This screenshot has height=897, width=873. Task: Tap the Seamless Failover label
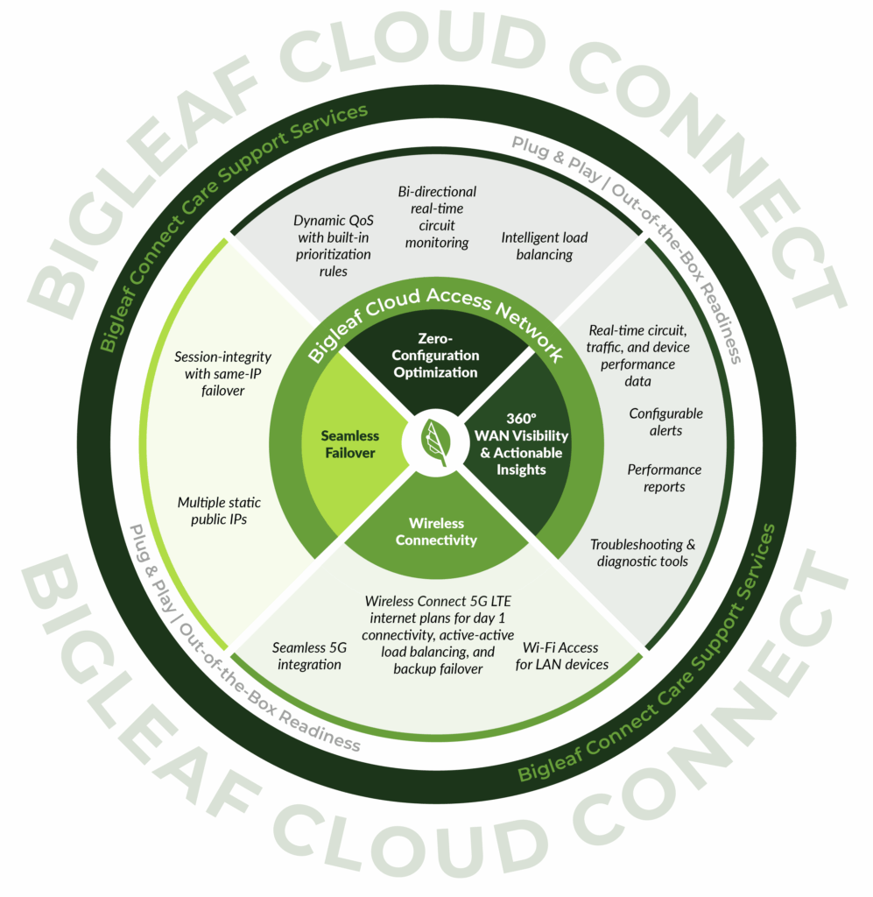[349, 444]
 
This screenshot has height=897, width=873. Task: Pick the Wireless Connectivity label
[436, 532]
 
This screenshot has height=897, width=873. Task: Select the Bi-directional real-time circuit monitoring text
[437, 216]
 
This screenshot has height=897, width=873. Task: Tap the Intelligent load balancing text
[544, 246]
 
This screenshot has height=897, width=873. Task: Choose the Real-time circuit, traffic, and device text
[638, 347]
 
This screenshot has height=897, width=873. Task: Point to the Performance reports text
[664, 478]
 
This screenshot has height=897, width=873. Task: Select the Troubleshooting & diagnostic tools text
[643, 553]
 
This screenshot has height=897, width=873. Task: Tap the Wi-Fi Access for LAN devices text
[560, 655]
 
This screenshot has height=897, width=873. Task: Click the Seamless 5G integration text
[306, 656]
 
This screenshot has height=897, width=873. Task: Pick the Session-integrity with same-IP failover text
[222, 373]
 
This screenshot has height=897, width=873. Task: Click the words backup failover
[439, 669]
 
